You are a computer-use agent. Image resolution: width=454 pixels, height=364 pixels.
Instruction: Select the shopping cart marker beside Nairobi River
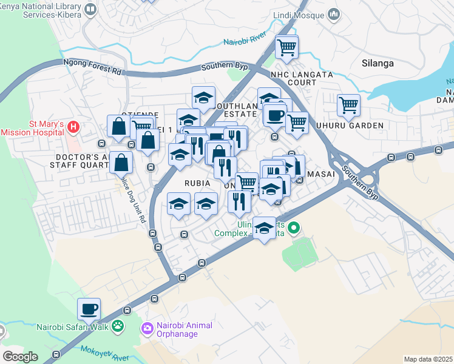(x=287, y=47)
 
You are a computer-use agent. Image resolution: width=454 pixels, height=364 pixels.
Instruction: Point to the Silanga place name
(x=378, y=63)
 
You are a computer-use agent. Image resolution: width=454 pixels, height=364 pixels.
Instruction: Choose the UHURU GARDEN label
(x=349, y=126)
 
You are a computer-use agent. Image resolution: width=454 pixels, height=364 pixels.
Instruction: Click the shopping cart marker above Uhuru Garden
(x=348, y=105)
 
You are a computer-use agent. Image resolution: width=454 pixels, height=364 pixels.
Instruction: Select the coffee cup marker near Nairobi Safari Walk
(x=89, y=309)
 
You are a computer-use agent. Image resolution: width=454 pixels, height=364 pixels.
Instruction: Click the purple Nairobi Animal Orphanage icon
(x=147, y=329)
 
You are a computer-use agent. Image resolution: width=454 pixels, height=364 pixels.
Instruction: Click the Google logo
(x=20, y=357)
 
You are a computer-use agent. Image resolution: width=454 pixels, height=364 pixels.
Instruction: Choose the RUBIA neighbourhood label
(x=197, y=183)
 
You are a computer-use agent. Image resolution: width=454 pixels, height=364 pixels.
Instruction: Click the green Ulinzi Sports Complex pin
(x=294, y=229)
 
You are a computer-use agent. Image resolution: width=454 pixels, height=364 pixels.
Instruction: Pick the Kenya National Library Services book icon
(x=90, y=8)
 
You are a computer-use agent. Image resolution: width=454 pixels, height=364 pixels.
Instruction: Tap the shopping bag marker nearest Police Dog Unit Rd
(x=121, y=163)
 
